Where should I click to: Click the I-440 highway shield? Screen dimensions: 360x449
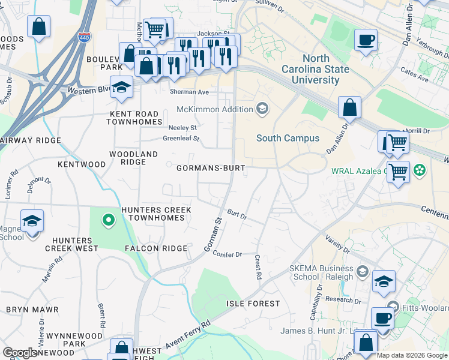85,37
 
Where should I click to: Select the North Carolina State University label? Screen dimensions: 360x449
316,69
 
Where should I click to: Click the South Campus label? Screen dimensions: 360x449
288,138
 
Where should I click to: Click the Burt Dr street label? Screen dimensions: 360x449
238,214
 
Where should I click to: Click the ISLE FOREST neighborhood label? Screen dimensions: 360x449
253,304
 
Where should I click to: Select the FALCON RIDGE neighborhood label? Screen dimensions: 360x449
157,248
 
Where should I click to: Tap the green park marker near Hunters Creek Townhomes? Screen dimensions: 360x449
108,221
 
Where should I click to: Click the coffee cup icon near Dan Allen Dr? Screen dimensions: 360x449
366,41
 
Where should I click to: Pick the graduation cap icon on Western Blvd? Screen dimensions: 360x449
121,88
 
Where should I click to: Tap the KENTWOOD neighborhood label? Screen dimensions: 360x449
82,164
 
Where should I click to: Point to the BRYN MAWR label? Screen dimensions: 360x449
32,310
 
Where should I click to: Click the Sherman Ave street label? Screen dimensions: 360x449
189,92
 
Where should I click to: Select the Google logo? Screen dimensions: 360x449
20,353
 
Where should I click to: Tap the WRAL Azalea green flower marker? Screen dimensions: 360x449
420,170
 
